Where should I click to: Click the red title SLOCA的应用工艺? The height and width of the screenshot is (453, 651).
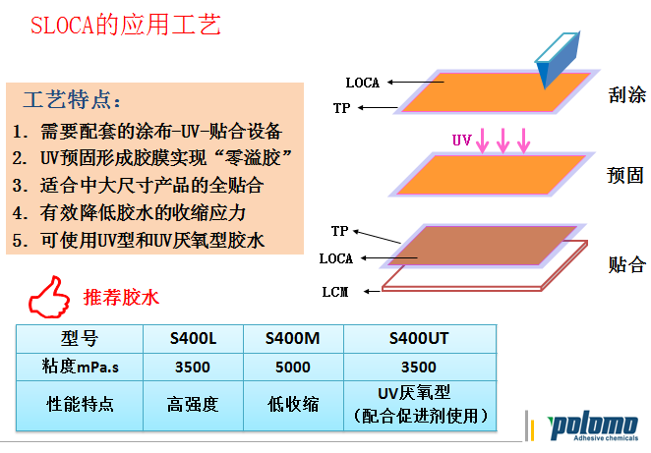tap(126, 25)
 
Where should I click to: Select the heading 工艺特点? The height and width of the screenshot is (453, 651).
tap(72, 99)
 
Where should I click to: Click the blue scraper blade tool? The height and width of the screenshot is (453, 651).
tap(558, 59)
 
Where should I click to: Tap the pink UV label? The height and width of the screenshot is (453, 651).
tap(462, 140)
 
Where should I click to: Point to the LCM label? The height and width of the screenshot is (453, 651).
tap(335, 292)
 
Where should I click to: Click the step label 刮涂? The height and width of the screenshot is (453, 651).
tap(627, 94)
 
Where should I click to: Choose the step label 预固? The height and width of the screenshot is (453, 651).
tap(625, 175)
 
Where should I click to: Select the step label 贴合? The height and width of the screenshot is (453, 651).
tap(627, 264)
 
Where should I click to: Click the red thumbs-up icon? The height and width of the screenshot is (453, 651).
tap(49, 297)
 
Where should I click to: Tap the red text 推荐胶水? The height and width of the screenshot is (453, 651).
tap(121, 298)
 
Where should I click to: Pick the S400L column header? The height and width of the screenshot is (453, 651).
tap(193, 338)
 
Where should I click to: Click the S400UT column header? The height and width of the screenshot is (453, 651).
tap(419, 338)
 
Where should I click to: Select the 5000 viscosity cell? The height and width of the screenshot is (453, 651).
tap(293, 368)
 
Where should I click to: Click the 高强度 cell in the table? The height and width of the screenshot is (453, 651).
tap(193, 405)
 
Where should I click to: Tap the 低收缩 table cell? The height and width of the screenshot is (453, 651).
tap(293, 405)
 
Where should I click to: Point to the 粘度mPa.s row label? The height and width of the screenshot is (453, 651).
tap(80, 367)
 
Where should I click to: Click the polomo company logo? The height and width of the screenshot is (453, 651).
tap(592, 427)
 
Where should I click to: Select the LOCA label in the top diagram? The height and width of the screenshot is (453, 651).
tap(363, 83)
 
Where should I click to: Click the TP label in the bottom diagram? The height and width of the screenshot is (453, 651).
tap(339, 231)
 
